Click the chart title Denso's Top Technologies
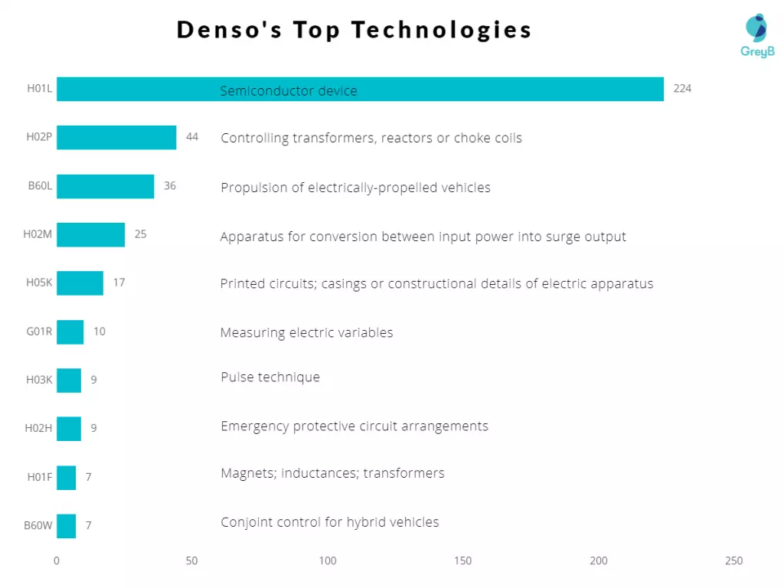coord(354,30)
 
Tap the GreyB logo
coord(757,35)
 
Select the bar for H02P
coord(116,138)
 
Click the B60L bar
coord(105,186)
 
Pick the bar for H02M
coord(90,234)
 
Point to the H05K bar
coord(80,283)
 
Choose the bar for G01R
coord(70,332)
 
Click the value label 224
coord(682,89)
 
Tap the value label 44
coord(192,137)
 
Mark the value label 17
coord(119,283)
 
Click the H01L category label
coord(40,89)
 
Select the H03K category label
coord(39,380)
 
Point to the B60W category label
coord(38,526)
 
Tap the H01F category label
coord(40,478)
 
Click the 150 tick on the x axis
coord(462,561)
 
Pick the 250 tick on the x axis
coord(733,561)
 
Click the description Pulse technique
coord(270,377)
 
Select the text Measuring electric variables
coord(306,333)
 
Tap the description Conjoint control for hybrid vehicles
coord(330,523)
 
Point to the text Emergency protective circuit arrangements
coord(354,426)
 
